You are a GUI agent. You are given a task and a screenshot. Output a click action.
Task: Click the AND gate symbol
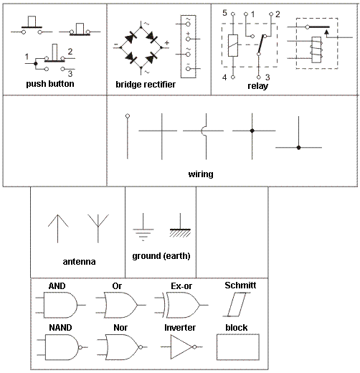click(x=60, y=305)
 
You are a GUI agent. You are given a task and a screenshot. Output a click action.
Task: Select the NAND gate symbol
click(x=62, y=347)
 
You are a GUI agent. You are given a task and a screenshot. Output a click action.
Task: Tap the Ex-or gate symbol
click(x=181, y=305)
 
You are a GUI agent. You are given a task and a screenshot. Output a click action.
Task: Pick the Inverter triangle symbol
click(x=181, y=346)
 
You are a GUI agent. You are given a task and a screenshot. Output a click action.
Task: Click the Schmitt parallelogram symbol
click(x=237, y=305)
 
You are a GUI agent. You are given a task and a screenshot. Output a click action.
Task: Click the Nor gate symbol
click(x=122, y=347)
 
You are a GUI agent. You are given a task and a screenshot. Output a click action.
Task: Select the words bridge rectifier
click(x=146, y=85)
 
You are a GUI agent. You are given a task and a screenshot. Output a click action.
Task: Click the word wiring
click(x=201, y=174)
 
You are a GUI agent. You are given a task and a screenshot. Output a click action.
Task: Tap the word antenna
click(x=79, y=262)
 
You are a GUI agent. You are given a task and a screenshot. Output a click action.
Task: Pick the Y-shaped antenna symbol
click(x=98, y=228)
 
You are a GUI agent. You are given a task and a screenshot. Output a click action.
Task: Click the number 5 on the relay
click(x=224, y=13)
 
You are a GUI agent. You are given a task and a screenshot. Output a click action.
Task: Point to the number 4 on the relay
click(x=224, y=77)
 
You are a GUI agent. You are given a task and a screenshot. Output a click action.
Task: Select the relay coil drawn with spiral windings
click(x=316, y=49)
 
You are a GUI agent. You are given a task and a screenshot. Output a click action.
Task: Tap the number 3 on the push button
click(x=70, y=74)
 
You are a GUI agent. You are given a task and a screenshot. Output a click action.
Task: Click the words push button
click(x=50, y=84)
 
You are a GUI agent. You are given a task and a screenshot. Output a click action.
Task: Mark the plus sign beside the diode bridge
click(x=167, y=43)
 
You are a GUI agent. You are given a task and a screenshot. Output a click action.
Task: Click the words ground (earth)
click(x=161, y=256)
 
